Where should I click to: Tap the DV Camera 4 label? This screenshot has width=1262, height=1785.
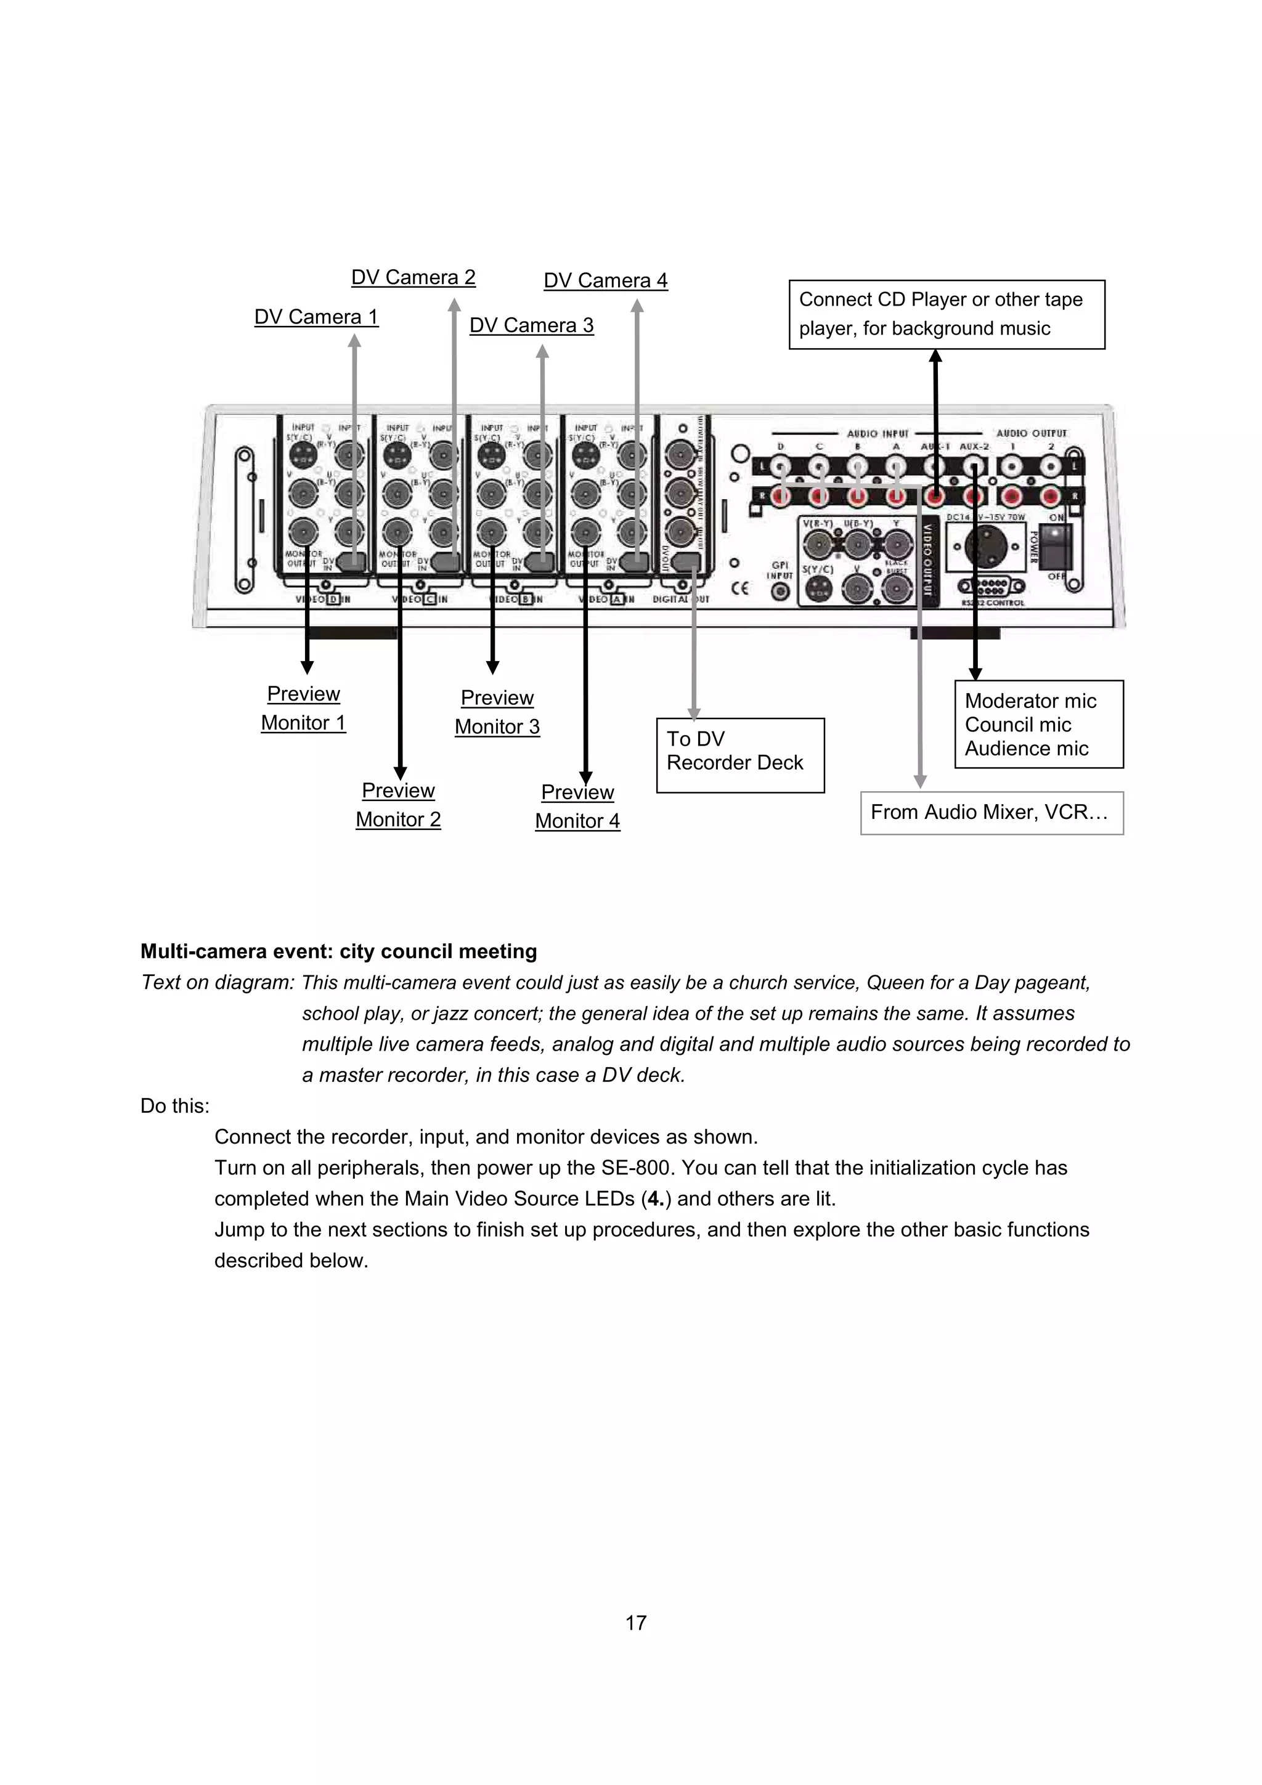[x=605, y=280]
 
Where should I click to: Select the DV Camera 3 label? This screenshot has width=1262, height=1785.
[x=531, y=326]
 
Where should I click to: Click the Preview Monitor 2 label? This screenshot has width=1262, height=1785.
[x=398, y=805]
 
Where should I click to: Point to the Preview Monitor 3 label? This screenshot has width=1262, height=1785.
[x=497, y=712]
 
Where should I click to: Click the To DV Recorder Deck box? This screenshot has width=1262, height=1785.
[x=739, y=755]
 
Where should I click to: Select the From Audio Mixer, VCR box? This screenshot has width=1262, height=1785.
[x=991, y=813]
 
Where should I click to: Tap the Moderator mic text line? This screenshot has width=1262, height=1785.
[x=1030, y=701]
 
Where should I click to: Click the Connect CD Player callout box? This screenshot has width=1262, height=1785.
[x=946, y=314]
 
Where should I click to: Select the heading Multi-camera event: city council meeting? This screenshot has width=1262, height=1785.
[x=338, y=951]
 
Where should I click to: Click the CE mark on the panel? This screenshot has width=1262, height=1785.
[x=740, y=588]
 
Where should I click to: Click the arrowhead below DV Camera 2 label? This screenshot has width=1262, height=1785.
[x=454, y=305]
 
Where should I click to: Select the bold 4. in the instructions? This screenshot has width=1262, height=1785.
[x=656, y=1199]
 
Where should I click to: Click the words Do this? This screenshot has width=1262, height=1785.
[x=175, y=1106]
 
